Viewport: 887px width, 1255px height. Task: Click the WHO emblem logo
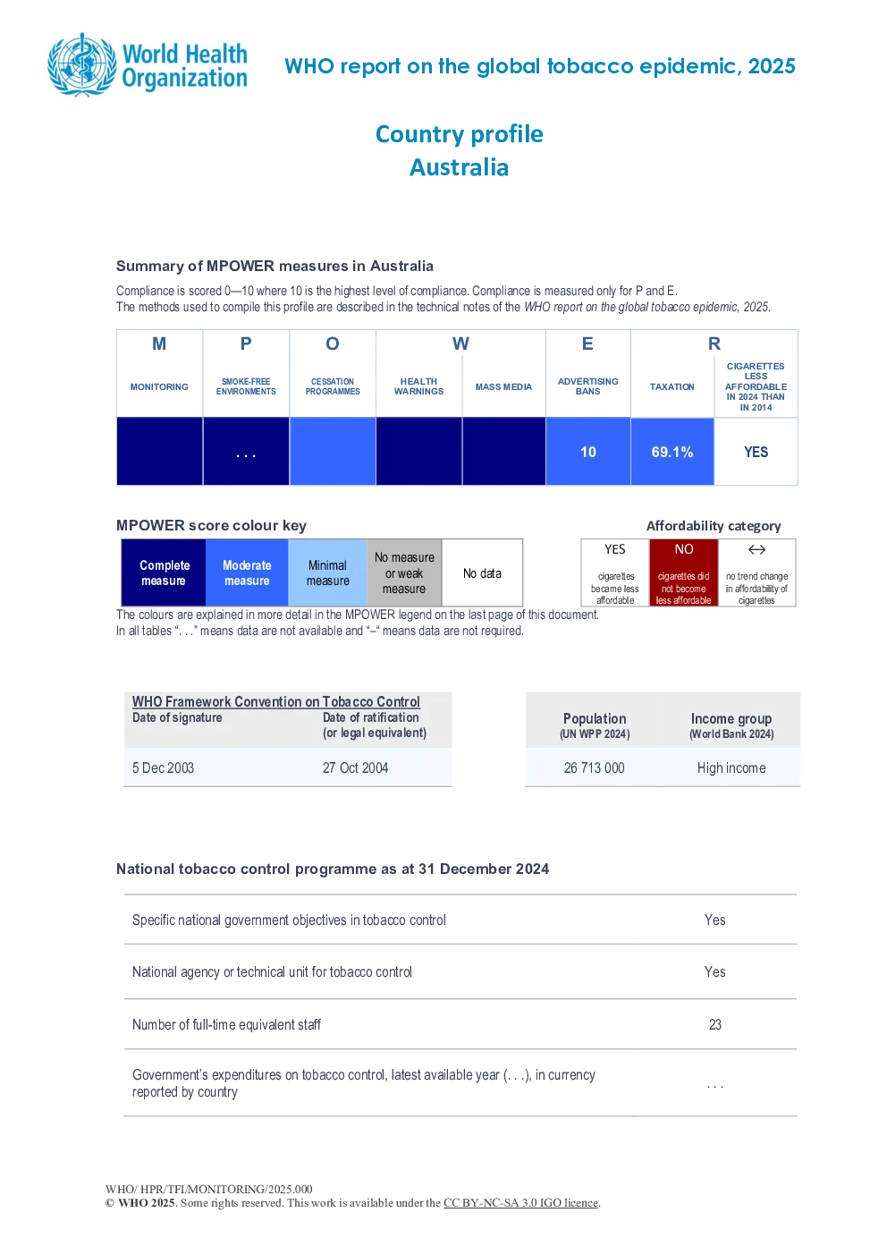coord(81,65)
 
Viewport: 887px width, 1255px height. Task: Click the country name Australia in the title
coord(460,167)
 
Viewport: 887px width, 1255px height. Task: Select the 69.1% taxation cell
coord(672,452)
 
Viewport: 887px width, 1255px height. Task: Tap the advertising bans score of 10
coord(588,452)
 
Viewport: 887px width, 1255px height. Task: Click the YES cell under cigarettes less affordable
coord(756,452)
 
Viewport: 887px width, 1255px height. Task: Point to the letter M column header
coord(159,343)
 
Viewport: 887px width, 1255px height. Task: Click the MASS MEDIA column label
coord(503,386)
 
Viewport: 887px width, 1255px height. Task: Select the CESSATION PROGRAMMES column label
coord(333,386)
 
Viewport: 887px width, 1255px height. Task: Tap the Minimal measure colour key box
coord(327,572)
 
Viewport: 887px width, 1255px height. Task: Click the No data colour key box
coord(482,572)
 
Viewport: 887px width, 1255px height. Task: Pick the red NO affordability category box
coord(684,572)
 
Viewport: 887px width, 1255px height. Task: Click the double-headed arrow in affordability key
coord(756,549)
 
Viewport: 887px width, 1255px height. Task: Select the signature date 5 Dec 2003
coord(163,767)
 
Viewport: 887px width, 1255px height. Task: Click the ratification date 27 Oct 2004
coord(355,767)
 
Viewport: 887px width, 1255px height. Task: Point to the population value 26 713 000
coord(594,767)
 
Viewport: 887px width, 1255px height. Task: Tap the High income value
coord(731,767)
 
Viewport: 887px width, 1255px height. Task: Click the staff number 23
coord(715,1024)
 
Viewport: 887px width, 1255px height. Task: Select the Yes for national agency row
coord(715,971)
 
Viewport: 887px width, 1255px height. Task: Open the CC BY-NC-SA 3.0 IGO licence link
coord(520,1203)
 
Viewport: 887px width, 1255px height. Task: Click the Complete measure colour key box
coord(164,572)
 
